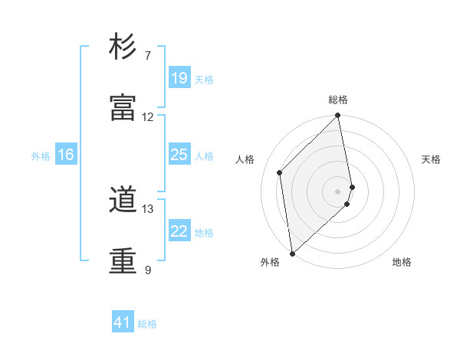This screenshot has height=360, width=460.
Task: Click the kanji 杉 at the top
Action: click(123, 47)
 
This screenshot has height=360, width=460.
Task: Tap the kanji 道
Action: click(123, 201)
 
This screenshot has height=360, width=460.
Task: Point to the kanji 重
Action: click(123, 260)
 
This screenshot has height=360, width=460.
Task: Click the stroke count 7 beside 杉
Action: click(148, 56)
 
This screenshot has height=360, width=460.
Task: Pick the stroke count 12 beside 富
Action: click(148, 117)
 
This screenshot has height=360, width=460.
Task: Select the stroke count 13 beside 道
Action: click(148, 209)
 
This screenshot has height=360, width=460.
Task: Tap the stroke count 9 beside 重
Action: click(148, 270)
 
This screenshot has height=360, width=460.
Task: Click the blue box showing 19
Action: click(179, 78)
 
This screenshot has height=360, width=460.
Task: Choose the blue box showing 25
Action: click(179, 155)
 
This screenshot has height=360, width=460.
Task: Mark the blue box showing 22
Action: click(179, 231)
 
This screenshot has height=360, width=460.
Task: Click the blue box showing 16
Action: click(66, 155)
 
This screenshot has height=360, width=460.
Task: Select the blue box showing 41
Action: click(123, 323)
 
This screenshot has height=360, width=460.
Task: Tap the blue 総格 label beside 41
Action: click(147, 325)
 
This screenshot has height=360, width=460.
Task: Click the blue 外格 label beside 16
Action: click(41, 156)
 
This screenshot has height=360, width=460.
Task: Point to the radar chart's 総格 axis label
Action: click(338, 100)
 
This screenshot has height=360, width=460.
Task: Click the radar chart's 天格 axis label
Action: click(432, 159)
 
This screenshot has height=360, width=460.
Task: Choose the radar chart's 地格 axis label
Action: click(402, 262)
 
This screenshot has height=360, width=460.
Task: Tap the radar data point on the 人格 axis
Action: click(280, 172)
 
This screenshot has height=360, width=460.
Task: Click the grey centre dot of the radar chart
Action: click(338, 191)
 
